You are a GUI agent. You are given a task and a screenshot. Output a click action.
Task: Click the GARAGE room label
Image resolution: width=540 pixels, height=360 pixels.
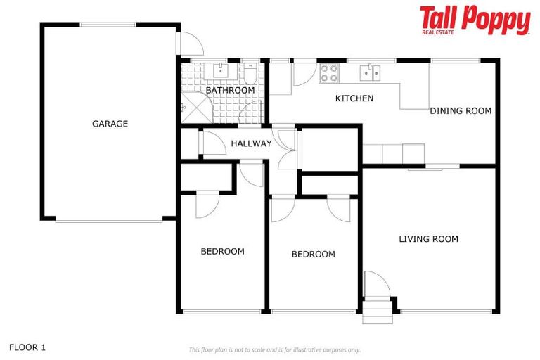click(x=110, y=124)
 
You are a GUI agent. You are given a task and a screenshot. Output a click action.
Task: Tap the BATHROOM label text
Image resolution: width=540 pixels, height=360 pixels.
click(x=230, y=90)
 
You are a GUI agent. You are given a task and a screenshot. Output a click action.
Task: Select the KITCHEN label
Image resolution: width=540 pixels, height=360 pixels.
click(x=354, y=98)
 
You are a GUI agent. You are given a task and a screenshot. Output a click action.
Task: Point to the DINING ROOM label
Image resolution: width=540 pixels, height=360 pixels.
click(x=461, y=110)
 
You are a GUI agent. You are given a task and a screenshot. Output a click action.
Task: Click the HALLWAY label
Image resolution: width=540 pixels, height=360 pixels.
click(x=251, y=143)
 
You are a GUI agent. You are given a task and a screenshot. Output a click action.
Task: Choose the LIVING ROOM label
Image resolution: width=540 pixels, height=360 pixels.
click(x=428, y=239)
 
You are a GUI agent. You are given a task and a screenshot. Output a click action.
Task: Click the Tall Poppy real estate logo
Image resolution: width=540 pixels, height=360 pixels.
click(x=475, y=20)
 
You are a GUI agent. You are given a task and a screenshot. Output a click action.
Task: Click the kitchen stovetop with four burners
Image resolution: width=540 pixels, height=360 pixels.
click(x=329, y=72)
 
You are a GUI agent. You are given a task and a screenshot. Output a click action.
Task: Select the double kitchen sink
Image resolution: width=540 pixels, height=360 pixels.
click(x=371, y=71)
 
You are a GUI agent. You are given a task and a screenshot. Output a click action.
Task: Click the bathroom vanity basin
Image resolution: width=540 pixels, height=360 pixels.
click(x=220, y=70)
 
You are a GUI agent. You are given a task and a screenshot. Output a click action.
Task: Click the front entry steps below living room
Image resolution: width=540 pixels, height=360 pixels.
click(x=377, y=311)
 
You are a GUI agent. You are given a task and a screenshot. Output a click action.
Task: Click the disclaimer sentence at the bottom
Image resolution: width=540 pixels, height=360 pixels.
click(x=274, y=349)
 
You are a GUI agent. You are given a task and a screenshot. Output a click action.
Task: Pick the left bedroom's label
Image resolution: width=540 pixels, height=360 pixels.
click(x=222, y=251)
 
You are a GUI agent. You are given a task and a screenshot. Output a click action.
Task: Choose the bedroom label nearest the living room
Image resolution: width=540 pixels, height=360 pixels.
click(x=313, y=254)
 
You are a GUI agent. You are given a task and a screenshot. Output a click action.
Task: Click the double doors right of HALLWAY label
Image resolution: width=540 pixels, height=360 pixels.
click(x=287, y=147)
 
